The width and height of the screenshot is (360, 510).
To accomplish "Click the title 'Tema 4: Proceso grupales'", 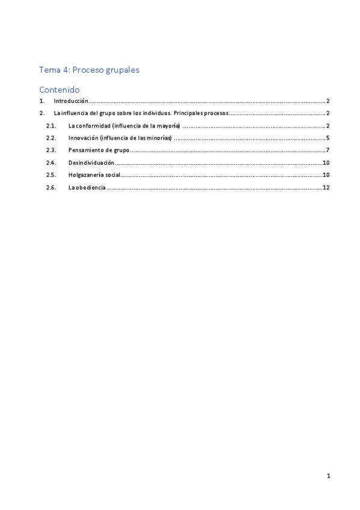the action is point(89,70).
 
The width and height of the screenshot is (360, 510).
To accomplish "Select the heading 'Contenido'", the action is point(59,90).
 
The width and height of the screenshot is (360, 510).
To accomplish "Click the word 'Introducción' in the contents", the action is point(71,101).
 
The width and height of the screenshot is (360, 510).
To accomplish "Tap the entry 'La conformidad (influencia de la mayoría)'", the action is point(124,126).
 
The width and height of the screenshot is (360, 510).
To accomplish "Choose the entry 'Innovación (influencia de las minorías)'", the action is point(120,138).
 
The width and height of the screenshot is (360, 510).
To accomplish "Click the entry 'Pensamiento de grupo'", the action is point(99,150).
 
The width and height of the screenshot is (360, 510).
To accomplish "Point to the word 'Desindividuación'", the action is point(91,162).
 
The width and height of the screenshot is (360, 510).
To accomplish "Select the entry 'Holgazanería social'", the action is point(94,175).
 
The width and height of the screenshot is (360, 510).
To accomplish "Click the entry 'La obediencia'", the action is point(87,188).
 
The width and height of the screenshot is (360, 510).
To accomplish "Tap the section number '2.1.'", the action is point(51,126).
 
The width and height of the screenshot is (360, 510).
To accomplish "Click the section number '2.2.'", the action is point(51,138).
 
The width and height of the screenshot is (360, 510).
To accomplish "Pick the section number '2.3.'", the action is point(51,150).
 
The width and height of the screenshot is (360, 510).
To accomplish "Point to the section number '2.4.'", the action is point(51,162).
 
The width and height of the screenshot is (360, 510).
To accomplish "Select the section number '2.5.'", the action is point(51,175).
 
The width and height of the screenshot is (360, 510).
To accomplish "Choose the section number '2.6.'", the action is point(51,188).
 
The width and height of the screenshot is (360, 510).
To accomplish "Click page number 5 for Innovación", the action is point(328,138).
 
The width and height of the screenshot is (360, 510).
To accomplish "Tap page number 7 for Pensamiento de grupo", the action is point(328,150).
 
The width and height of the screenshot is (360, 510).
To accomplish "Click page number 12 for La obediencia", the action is point(326,188).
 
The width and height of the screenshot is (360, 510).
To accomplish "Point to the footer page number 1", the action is point(328,476).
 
